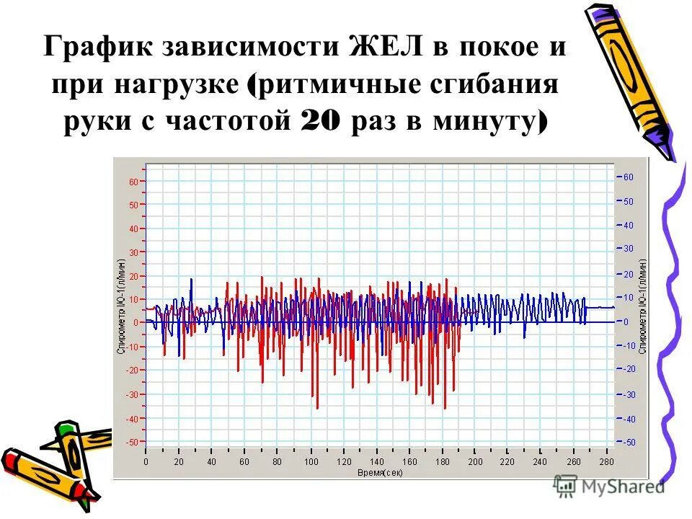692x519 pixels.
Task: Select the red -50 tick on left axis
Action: [x=131, y=442]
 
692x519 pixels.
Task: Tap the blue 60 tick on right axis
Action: [x=628, y=177]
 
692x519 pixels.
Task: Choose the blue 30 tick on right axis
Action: [x=628, y=249]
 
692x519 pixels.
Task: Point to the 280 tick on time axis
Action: [x=606, y=462]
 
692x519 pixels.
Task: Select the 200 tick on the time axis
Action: [x=474, y=462]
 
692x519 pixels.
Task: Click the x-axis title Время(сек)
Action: [x=380, y=471]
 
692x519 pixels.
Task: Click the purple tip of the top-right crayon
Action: [x=660, y=141]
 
